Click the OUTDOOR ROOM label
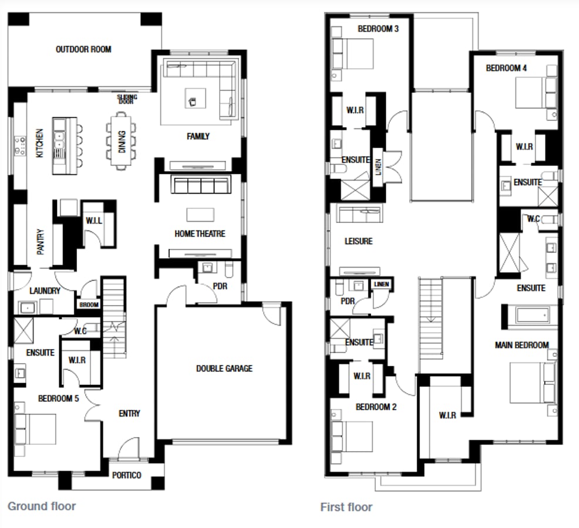tap(83, 49)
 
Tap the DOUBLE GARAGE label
tap(224, 368)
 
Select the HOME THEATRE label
tap(200, 233)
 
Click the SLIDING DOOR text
tap(127, 99)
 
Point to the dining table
tap(120, 140)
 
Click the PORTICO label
tap(126, 475)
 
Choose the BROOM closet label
tap(89, 305)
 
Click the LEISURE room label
tap(358, 241)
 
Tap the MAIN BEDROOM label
tap(521, 345)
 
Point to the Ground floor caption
tap(42, 506)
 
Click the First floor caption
tap(346, 507)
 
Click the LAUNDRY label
tap(45, 291)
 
